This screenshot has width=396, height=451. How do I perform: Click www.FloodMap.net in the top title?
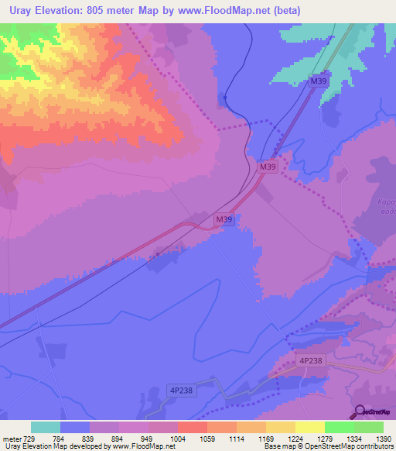(x=237, y=11)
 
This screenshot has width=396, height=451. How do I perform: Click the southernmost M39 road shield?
(x=224, y=221)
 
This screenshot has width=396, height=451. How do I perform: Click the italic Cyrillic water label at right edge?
(x=387, y=208)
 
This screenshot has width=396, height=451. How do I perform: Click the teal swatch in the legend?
(x=45, y=427)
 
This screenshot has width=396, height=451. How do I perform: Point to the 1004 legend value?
(x=177, y=439)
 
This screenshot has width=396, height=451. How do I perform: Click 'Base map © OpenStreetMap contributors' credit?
(x=329, y=447)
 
